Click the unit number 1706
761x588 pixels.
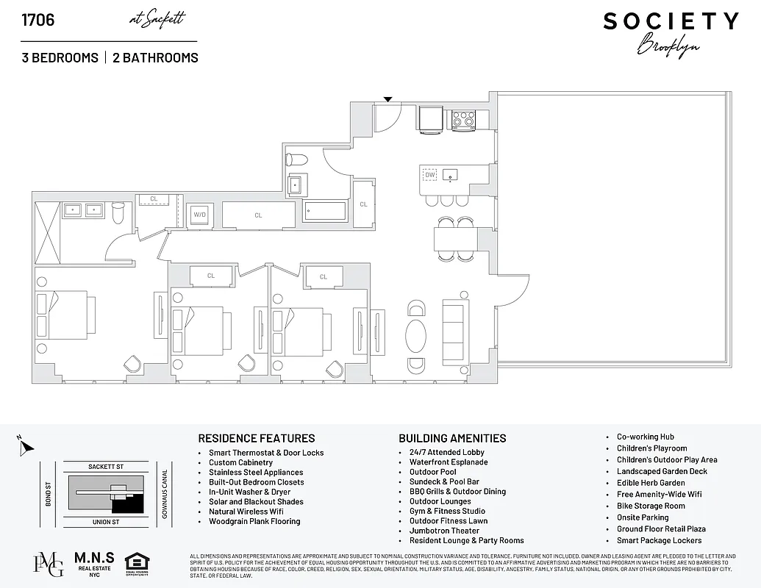pyautogui.click(x=38, y=20)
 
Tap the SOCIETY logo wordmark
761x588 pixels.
pyautogui.click(x=671, y=21)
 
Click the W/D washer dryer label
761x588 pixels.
pyautogui.click(x=199, y=215)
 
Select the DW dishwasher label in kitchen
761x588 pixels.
pyautogui.click(x=430, y=175)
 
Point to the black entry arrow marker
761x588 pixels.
pyautogui.click(x=388, y=99)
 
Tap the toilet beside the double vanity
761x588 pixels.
pyautogui.click(x=118, y=212)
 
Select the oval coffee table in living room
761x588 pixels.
pyautogui.click(x=416, y=335)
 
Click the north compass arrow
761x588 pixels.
pyautogui.click(x=24, y=445)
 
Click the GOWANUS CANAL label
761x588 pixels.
pyautogui.click(x=165, y=494)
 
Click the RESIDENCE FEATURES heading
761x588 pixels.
pyautogui.click(x=257, y=438)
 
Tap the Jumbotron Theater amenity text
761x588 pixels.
pyautogui.click(x=444, y=531)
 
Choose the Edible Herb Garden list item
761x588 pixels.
pyautogui.click(x=651, y=483)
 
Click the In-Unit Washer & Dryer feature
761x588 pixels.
pyautogui.click(x=249, y=492)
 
